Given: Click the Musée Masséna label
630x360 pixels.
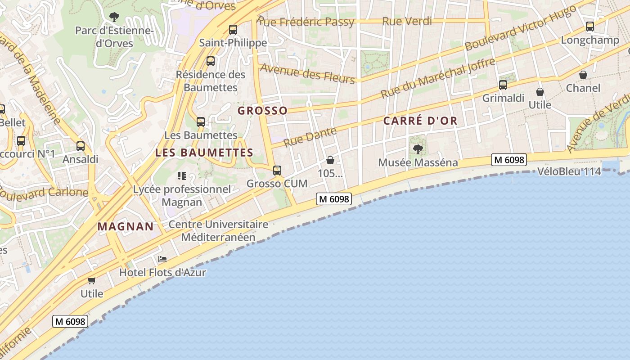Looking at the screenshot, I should [418, 162].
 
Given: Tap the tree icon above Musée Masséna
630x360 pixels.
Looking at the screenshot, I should [418, 149].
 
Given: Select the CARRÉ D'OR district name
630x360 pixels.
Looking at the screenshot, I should [420, 121].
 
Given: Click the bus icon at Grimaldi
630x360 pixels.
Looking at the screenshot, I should [503, 85].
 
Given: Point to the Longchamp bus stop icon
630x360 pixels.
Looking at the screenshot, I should [590, 27].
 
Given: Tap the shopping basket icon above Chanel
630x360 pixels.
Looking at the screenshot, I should [583, 74].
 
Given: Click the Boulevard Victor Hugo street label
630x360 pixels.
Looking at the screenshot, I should [521, 28].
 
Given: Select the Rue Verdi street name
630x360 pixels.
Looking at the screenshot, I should [407, 21].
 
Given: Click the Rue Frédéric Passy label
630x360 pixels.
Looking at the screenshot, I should [306, 22].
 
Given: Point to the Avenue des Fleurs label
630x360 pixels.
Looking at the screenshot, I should [308, 73].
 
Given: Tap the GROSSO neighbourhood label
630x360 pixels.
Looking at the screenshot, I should [262, 111].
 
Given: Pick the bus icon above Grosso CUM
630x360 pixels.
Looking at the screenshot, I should [277, 171].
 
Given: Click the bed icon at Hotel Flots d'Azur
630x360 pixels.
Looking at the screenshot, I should [162, 259].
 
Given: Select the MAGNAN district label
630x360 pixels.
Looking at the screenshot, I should [126, 226].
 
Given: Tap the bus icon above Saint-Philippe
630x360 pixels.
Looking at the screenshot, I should [233, 30].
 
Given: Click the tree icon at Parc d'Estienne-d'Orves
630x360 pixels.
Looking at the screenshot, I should [114, 17].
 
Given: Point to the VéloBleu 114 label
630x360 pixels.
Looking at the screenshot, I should [569, 171].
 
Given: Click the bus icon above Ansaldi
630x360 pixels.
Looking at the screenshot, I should [80, 146].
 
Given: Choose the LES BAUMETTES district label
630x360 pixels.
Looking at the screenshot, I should [204, 153].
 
